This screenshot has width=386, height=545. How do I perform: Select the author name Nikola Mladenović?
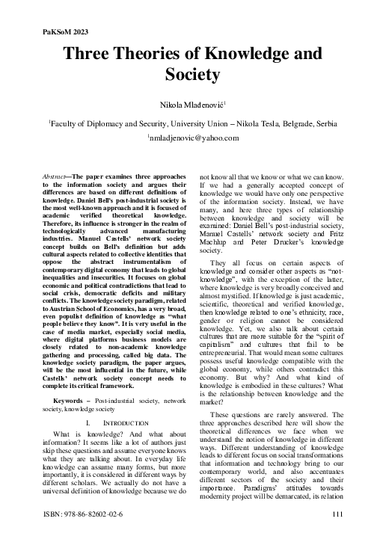click(x=192, y=101)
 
